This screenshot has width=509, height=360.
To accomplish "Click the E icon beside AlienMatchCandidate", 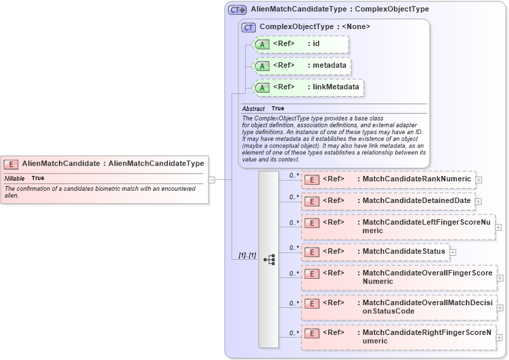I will (x=12, y=164).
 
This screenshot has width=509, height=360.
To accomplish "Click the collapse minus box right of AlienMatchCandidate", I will (x=212, y=180).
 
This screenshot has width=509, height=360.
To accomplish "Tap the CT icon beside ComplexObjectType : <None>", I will (x=248, y=27).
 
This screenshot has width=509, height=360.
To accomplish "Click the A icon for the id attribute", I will (x=262, y=44).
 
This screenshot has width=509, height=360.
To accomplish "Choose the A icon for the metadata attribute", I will (x=262, y=66).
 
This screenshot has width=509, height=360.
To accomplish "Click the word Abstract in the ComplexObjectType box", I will (x=253, y=109).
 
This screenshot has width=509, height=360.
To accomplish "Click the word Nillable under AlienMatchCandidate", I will (x=15, y=178).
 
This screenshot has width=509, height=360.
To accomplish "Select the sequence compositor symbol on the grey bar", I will (x=269, y=259).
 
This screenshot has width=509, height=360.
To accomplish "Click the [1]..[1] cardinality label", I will (x=248, y=255).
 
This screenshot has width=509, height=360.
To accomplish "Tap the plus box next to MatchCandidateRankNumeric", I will (x=479, y=180).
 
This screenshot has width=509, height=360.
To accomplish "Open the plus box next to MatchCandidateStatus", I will (x=453, y=252).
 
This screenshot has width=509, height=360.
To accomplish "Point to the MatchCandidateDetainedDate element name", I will (x=416, y=201).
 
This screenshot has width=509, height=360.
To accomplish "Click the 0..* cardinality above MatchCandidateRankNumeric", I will (x=294, y=175).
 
